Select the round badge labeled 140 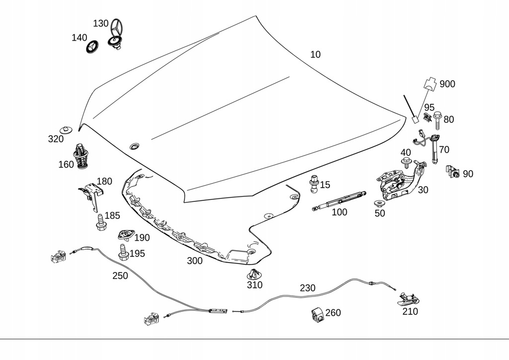92,47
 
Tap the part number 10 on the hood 315,55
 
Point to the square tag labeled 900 432,83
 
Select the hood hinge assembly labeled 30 399,181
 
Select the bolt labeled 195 123,252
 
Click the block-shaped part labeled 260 317,314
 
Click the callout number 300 194,261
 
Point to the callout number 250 120,275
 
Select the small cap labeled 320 67,128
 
